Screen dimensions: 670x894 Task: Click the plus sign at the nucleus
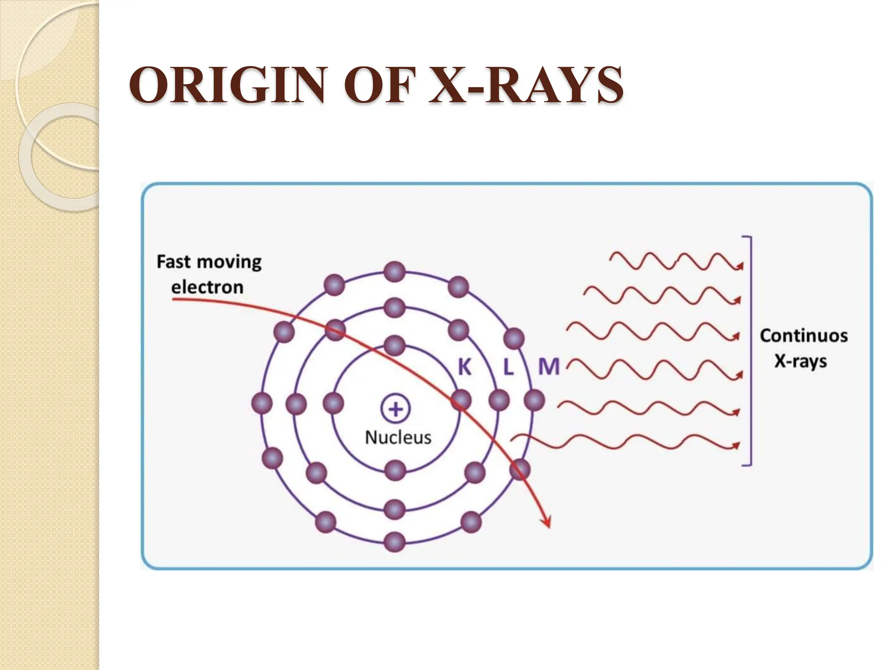point(395,409)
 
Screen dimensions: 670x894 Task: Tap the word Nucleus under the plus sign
point(398,438)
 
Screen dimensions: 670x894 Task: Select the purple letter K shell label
point(464,367)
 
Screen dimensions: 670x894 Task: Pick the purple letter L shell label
point(508,367)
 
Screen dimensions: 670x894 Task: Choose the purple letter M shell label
point(549,367)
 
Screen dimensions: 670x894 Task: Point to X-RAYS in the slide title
point(526,85)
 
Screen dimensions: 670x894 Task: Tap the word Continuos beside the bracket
point(804,335)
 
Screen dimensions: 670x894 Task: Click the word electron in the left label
point(207,287)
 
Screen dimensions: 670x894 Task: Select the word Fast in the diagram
point(173,262)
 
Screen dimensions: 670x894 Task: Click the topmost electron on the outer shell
point(395,272)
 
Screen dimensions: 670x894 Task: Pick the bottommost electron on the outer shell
point(395,542)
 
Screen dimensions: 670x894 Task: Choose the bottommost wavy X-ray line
point(624,441)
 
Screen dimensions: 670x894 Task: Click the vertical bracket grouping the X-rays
point(750,351)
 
